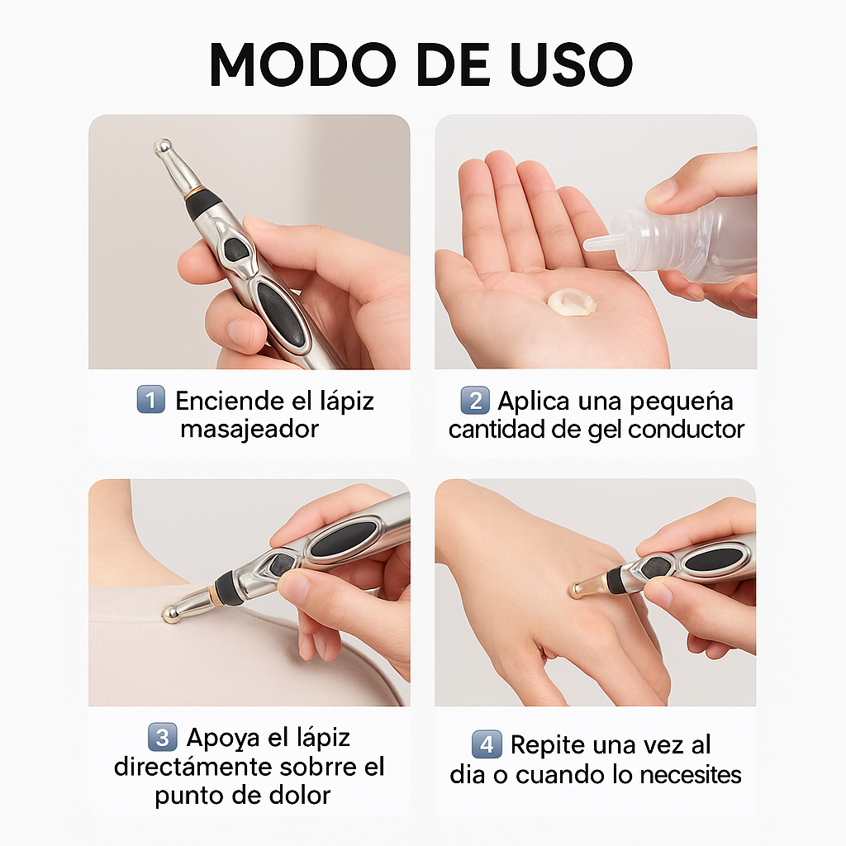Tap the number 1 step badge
pos(150,401)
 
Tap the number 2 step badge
pos(475,401)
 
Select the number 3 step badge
pos(162,736)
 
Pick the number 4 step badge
pos(487,744)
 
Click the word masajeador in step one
pos(250,430)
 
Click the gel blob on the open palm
pos(572,301)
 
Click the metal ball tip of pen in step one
pos(163,147)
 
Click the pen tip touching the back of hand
pos(576,589)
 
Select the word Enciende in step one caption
pos(222,402)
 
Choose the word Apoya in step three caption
pos(219,737)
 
